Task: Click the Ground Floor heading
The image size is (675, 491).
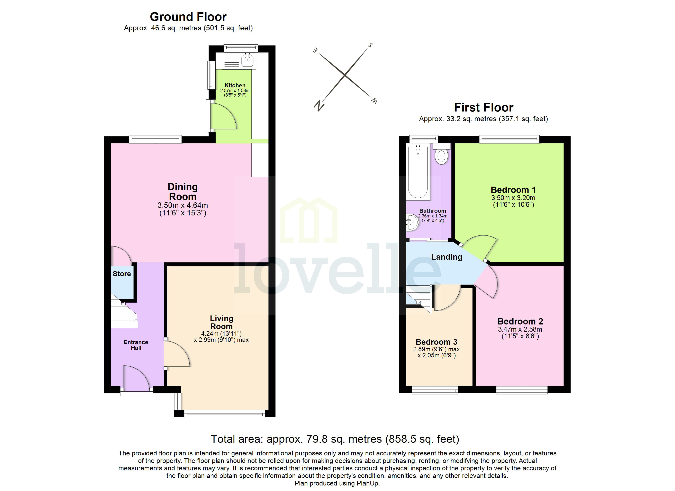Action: click(188, 17)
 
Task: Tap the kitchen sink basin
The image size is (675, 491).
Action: click(247, 61)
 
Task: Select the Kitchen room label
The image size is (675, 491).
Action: click(235, 86)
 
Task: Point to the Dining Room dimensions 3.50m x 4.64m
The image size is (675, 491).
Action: click(182, 205)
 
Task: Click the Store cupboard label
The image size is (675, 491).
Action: click(122, 274)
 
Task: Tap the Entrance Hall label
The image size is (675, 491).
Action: click(136, 345)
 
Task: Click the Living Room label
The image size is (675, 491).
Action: click(222, 322)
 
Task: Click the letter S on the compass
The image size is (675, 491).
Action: click(370, 45)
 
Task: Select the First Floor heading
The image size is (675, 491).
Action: click(483, 107)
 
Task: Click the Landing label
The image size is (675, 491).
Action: click(447, 257)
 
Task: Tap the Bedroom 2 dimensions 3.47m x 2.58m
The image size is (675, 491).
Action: click(520, 329)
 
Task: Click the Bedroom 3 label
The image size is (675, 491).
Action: click(436, 342)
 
